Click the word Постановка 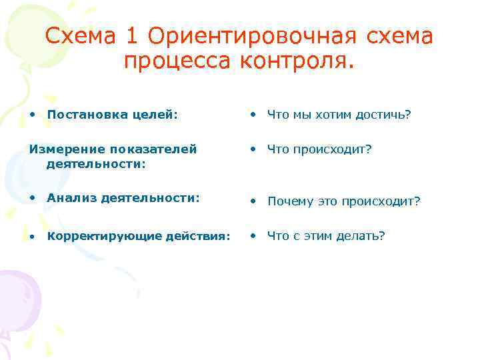click(89, 115)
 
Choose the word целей click(156, 115)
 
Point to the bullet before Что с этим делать click(254, 235)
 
